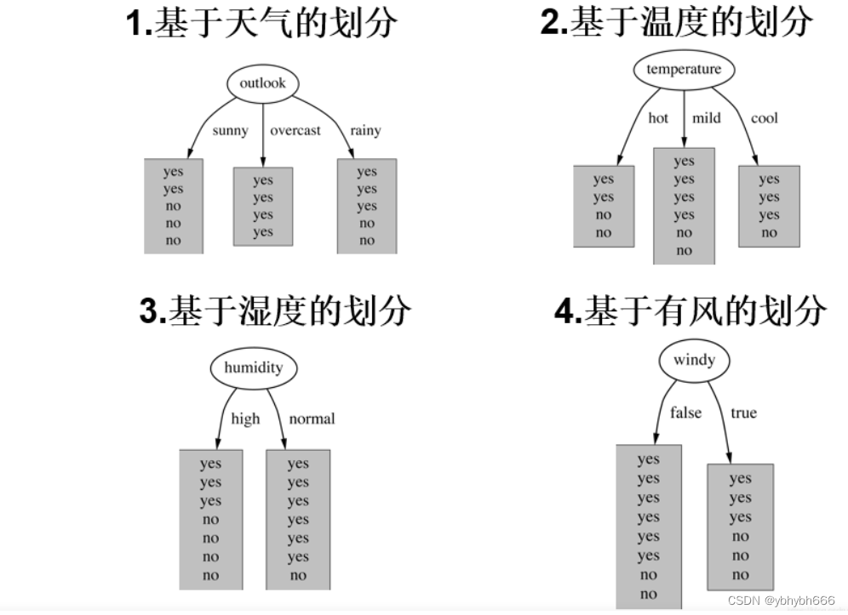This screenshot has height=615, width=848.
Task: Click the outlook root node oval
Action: [262, 83]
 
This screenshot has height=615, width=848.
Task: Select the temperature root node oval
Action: [683, 70]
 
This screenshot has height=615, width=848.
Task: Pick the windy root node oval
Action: [694, 360]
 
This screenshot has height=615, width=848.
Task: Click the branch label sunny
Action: [230, 130]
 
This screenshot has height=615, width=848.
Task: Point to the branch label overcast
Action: [295, 130]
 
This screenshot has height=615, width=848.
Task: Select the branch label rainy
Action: [365, 130]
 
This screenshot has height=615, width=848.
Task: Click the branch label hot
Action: [658, 118]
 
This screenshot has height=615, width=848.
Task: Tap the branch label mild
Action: [706, 118]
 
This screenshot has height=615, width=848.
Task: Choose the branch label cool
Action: [764, 118]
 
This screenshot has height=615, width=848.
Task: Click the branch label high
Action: [245, 419]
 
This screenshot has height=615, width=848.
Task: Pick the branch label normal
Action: [312, 419]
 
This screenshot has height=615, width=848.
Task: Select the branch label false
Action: [685, 413]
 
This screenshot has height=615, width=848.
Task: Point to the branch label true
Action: [743, 413]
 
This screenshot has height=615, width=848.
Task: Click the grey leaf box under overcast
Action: [263, 207]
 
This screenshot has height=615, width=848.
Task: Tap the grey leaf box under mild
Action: [684, 206]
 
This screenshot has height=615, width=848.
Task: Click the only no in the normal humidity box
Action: [298, 576]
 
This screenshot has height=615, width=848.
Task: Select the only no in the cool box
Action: [769, 233]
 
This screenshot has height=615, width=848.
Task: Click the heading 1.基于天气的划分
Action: [261, 23]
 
